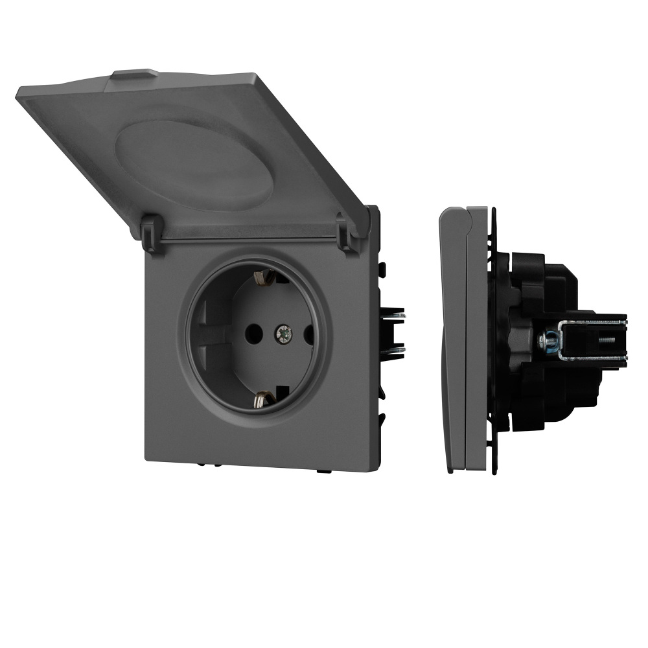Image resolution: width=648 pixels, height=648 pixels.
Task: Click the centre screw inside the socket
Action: (x=283, y=334)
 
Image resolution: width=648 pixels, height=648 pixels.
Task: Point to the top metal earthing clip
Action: (x=261, y=277)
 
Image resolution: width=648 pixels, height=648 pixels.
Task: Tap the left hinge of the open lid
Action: (x=150, y=233)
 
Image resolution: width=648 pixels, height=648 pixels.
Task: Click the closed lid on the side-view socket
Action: (x=452, y=337)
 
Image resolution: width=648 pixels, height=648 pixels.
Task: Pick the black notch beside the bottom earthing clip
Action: (x=283, y=392)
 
